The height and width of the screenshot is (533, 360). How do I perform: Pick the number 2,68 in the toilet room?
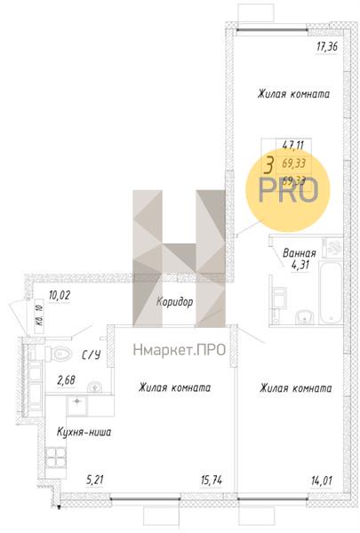67,382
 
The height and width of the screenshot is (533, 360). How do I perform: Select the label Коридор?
174,302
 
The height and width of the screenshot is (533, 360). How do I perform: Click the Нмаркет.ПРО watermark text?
179,349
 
